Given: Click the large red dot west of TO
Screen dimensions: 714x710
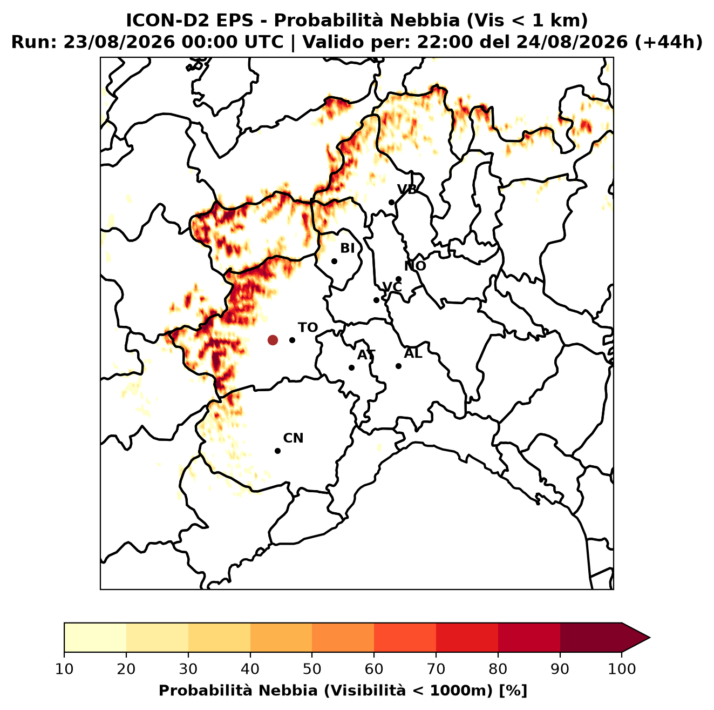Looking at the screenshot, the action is [273, 340].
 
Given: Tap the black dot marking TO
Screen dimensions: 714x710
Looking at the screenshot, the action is [292, 340].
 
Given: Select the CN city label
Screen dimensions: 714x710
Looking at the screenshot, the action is [293, 438].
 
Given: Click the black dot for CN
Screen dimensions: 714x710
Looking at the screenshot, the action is [277, 451].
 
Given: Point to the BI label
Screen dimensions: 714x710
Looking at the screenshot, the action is [347, 249].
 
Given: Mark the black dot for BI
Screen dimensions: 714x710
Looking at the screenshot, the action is [334, 262].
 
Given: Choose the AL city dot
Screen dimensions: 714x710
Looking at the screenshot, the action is [398, 366].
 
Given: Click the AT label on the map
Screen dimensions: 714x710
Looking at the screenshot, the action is [366, 355].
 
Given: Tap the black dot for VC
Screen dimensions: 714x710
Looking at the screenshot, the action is [377, 300].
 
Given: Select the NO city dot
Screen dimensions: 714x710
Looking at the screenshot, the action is [398, 279].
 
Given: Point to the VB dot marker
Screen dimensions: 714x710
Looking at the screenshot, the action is [392, 202].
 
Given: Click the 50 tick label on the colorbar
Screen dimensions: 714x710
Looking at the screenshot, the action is [312, 669].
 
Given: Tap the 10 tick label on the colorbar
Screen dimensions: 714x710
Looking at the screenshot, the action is [64, 669].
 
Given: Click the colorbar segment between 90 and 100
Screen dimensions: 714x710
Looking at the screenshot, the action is [591, 638].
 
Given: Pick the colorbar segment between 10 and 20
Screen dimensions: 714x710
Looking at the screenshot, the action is [95, 638].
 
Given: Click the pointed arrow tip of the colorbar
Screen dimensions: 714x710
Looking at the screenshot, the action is [650, 638].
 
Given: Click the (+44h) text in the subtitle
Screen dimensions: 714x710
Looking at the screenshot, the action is [669, 42].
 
